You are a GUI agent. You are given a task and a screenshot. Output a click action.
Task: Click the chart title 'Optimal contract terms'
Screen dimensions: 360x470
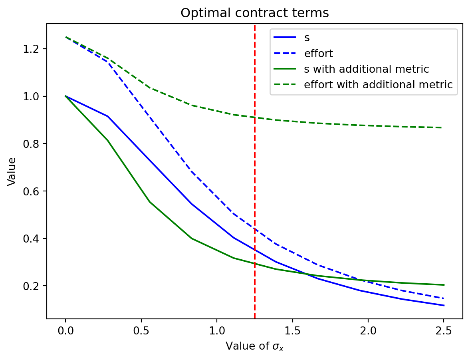click(254, 13)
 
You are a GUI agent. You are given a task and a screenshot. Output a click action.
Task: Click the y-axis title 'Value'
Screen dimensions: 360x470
click(12, 171)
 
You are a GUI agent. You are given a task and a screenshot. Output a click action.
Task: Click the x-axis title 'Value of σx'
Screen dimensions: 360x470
click(254, 346)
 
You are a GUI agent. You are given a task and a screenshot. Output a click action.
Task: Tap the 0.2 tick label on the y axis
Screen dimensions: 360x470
click(36, 286)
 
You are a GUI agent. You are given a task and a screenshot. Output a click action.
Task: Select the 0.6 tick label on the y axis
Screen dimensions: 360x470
click(36, 191)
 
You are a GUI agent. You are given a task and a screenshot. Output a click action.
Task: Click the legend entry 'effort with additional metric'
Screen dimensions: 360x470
click(378, 85)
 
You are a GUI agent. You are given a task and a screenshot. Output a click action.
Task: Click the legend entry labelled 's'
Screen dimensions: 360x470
click(307, 38)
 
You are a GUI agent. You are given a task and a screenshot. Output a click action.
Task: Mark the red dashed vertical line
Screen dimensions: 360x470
click(255, 200)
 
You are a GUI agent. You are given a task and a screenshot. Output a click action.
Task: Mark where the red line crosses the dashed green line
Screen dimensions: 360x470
click(255, 117)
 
